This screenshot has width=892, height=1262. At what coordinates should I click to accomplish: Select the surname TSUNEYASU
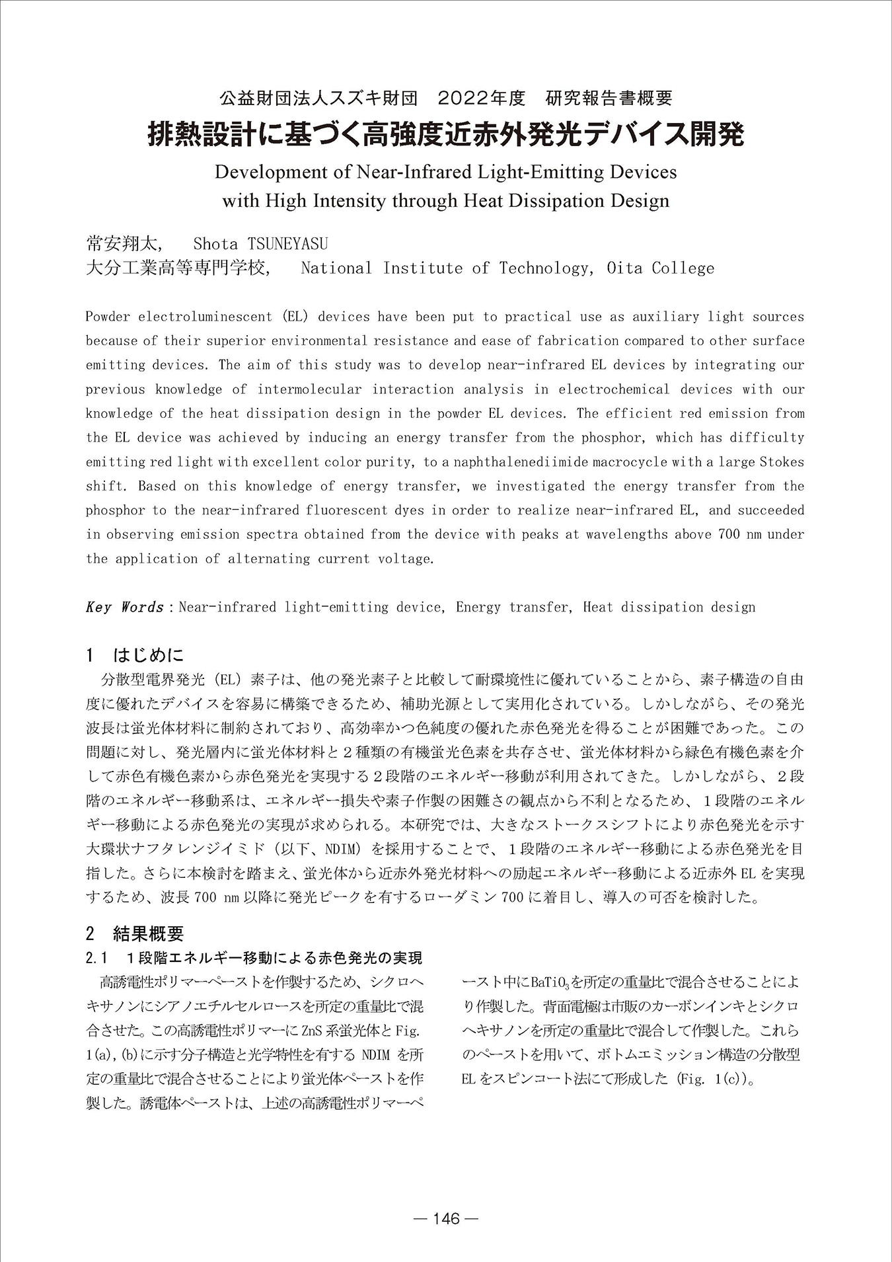tap(287, 244)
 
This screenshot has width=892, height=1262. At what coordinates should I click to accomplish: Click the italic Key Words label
tap(124, 607)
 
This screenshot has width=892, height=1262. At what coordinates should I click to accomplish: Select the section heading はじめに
tap(148, 656)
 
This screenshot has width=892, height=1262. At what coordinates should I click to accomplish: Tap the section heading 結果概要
tap(148, 933)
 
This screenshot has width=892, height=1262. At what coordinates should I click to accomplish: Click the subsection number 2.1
tap(96, 958)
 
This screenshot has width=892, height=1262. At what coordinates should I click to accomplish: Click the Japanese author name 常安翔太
tap(123, 244)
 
